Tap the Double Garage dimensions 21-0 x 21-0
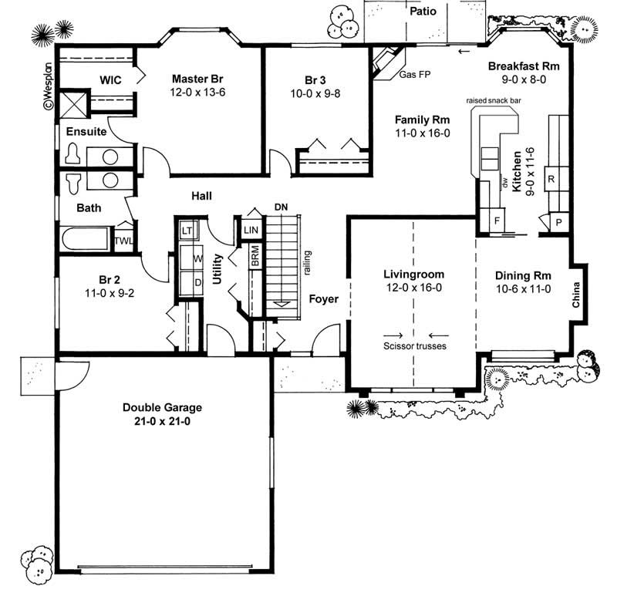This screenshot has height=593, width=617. pos(162,421)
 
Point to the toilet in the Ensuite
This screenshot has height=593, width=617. pos(75,154)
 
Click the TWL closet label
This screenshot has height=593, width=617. pos(124,240)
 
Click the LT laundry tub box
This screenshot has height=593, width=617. pos(186,231)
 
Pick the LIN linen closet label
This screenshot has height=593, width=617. pos(251,231)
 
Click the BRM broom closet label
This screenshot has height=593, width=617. pos(255,257)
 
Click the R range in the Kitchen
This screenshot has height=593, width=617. pos(551,179)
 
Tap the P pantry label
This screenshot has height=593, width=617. pos(558,221)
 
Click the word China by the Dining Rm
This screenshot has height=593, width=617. pos(575,294)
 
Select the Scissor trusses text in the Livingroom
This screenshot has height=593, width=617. pos(415,346)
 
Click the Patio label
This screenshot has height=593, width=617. pos(423,12)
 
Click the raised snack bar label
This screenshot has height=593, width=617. pos(495,101)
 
